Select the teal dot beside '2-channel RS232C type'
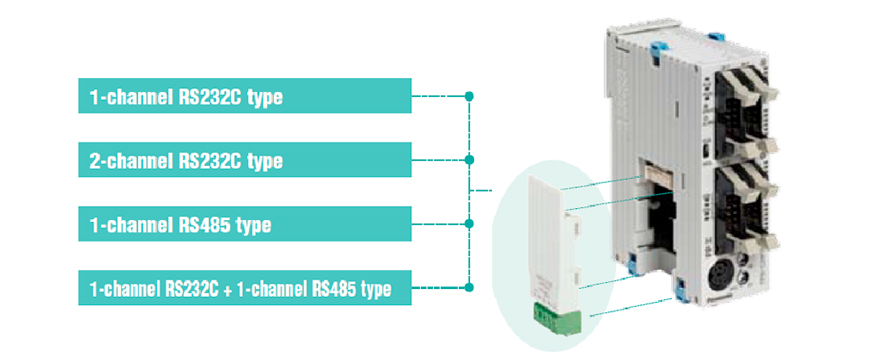click(469, 160)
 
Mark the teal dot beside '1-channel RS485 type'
click(469, 224)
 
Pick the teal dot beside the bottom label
click(469, 289)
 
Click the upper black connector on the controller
click(740, 100)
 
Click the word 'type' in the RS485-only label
click(254, 225)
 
